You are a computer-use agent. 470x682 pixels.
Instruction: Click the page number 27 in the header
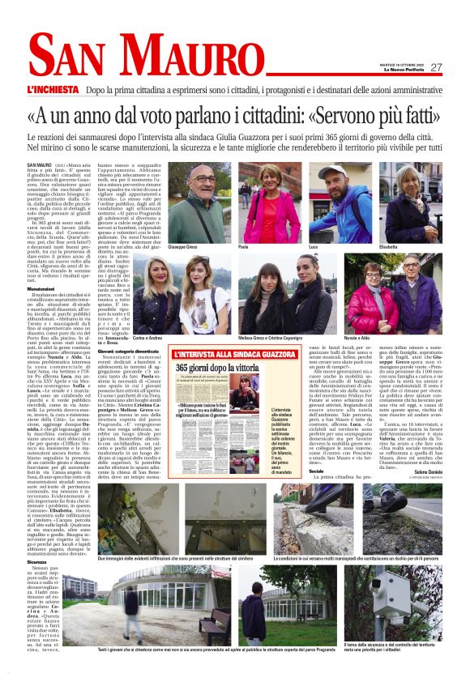point(436,67)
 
